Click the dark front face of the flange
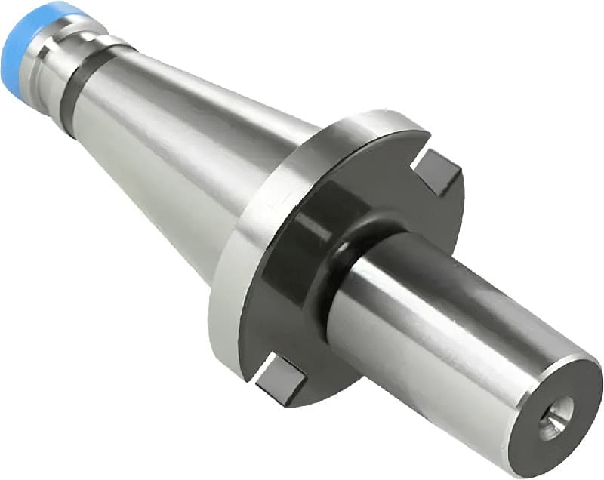pos(302,317)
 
